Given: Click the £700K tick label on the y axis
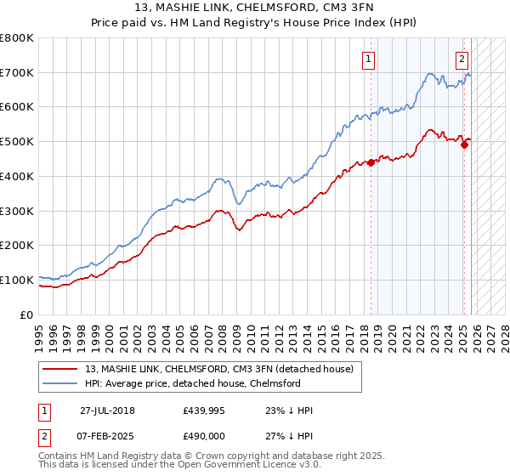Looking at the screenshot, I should [17, 73].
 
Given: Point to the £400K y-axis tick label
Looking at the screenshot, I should [17, 176].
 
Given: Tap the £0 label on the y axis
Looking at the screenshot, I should [27, 314].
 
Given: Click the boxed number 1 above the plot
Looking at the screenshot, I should [369, 59].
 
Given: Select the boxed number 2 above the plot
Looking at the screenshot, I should [462, 59].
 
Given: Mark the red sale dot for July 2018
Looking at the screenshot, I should [371, 162].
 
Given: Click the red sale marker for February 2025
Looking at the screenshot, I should [464, 144].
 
